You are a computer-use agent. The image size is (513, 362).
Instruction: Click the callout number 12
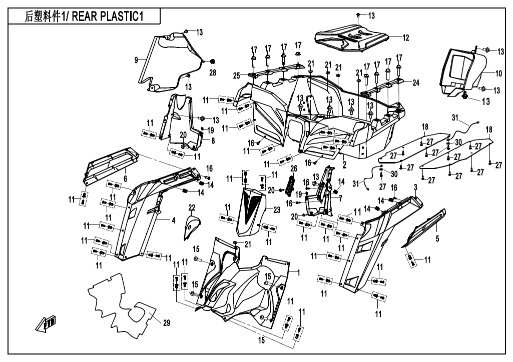coord(406,37)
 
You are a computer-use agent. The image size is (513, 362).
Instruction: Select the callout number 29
coord(166,323)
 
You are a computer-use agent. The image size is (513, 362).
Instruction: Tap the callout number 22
coord(191,207)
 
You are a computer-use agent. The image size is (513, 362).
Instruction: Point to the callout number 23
coord(277,210)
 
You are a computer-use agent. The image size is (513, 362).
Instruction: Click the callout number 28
coord(212,73)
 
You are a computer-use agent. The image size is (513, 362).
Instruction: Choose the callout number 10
coord(498,73)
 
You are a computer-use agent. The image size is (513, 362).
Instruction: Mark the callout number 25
coord(236,75)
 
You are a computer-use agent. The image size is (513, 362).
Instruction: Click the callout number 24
coord(416,82)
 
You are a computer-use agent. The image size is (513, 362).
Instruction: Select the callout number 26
coord(294,168)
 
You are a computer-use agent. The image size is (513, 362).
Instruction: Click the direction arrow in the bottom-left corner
coord(45,325)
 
